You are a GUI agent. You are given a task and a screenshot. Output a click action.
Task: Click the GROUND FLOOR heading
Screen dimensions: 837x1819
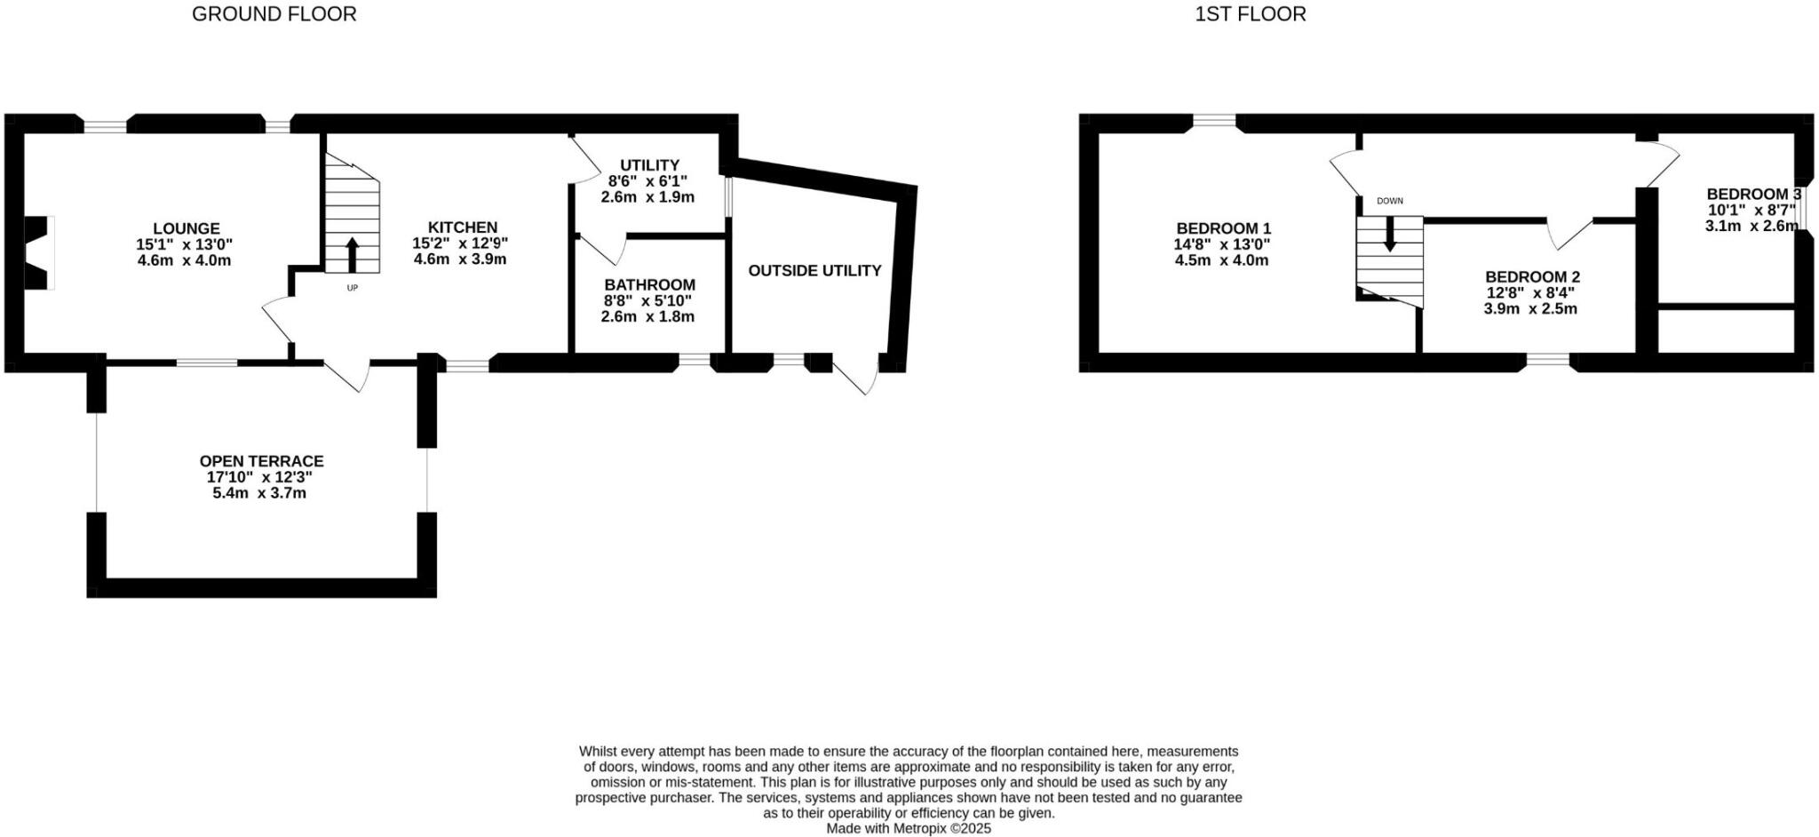(274, 14)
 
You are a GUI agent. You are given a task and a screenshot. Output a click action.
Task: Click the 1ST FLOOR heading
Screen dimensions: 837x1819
(1250, 14)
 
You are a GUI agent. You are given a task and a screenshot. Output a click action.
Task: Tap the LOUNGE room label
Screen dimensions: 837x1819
(186, 228)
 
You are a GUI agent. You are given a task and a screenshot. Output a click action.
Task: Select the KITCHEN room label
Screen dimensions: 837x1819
(462, 227)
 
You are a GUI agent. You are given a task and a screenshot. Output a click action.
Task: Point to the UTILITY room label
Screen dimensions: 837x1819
(649, 165)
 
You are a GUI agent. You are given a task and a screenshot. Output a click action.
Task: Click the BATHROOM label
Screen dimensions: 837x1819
(649, 285)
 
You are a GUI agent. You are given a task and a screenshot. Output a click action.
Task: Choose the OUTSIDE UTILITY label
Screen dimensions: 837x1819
(814, 270)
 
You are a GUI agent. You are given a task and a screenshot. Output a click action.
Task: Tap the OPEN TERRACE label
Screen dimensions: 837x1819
(261, 461)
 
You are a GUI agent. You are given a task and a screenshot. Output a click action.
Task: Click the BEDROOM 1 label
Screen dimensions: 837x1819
(1223, 228)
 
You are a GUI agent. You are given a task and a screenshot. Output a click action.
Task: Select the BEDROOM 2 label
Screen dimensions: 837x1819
(1532, 277)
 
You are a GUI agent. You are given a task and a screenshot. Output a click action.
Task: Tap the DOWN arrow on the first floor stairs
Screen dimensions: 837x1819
(1390, 235)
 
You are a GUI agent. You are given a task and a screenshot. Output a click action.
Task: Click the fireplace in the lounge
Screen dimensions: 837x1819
(38, 252)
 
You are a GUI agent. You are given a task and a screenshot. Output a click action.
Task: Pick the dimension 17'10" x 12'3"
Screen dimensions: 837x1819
(259, 477)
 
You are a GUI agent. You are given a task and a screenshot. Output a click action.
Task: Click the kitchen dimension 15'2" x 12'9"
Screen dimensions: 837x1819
(460, 243)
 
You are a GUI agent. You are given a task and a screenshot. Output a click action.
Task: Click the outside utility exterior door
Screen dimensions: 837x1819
(858, 377)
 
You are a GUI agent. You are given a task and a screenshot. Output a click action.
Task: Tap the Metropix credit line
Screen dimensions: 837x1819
(908, 828)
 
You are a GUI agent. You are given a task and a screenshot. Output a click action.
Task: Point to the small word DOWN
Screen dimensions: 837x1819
(1390, 201)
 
